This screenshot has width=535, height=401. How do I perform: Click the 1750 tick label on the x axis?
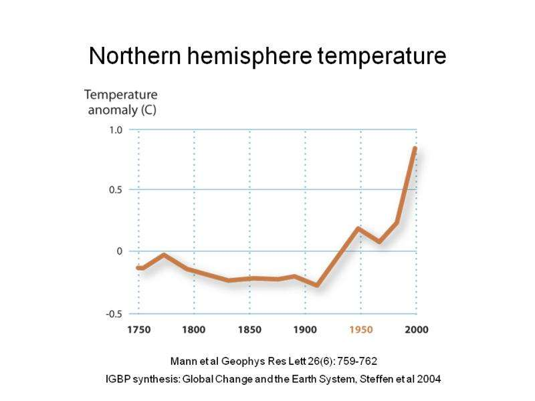(138, 329)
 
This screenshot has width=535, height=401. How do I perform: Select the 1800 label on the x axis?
(194, 329)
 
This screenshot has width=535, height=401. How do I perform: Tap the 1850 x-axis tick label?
(249, 329)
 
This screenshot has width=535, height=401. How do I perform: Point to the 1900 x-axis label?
(305, 329)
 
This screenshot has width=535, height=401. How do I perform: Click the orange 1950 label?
(361, 329)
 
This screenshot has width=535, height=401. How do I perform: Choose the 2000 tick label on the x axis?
(416, 329)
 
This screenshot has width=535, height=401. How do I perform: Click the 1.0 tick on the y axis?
(116, 130)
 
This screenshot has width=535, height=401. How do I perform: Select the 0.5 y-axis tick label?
(116, 190)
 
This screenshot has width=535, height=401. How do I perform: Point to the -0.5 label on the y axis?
(114, 313)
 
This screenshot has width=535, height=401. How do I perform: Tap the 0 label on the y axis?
(120, 251)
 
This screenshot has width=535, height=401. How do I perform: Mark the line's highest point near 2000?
(415, 148)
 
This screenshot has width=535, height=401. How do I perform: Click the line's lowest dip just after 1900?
(316, 285)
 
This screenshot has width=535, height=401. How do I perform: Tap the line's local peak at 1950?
(359, 229)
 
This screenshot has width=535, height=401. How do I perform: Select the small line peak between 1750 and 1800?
(163, 255)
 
